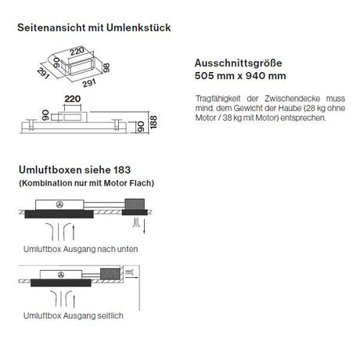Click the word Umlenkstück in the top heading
coord(139,27)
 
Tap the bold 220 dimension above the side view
coord(73,99)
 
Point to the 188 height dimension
coord(153,122)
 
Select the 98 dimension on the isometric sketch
coord(106,67)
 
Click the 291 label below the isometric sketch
coord(89,83)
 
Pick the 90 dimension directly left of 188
coord(141,127)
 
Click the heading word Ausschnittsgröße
coord(238,63)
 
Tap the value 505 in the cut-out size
coord(202,76)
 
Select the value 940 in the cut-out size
coord(254,76)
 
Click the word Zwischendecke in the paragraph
coord(292,99)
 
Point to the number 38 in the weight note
coord(227,117)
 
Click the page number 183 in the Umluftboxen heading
coord(122,170)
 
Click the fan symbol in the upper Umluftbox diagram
coord(59,205)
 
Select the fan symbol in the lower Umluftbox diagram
coord(61,275)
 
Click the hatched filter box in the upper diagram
coord(135,204)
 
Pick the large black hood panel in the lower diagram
coord(61,283)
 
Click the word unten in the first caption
coord(128,249)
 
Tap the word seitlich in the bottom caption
coord(110,315)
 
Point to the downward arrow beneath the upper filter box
coord(144,226)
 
